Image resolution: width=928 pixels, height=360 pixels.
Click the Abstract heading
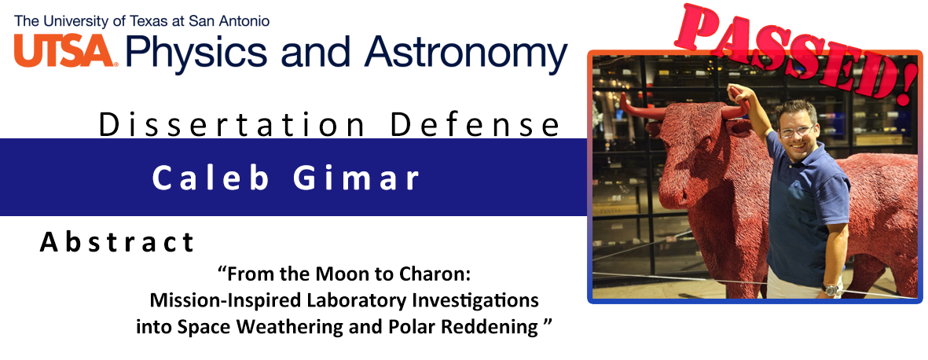click(x=116, y=242)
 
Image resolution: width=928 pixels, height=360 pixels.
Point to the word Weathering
click(x=290, y=326)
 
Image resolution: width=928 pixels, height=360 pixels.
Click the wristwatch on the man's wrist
click(x=831, y=289)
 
